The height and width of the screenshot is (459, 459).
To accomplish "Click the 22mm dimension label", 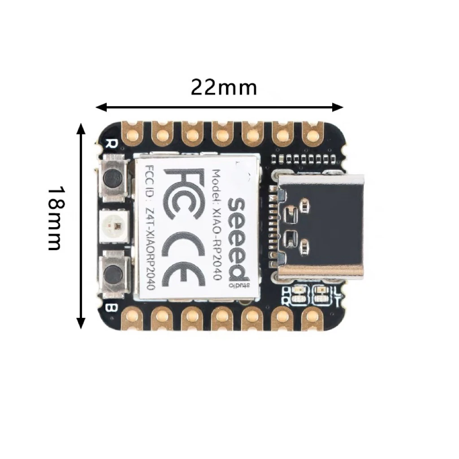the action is pyautogui.click(x=224, y=87).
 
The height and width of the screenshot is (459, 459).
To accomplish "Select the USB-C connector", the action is pyautogui.click(x=320, y=227).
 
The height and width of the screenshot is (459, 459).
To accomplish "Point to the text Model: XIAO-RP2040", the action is pyautogui.click(x=217, y=225).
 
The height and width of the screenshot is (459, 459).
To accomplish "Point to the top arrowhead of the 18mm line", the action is pyautogui.click(x=81, y=128).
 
